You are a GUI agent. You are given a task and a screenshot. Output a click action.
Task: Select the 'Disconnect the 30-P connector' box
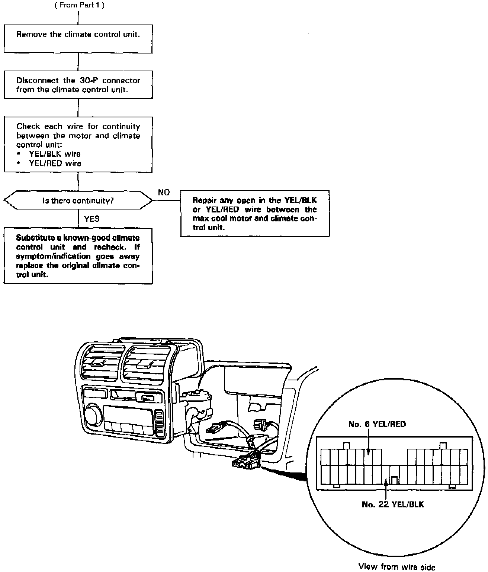click(78, 85)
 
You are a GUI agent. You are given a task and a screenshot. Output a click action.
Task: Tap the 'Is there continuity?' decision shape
click(78, 201)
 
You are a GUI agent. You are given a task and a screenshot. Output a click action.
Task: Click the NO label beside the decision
click(164, 192)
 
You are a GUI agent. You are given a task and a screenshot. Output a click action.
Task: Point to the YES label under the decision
click(91, 219)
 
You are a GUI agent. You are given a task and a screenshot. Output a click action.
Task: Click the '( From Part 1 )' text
click(79, 6)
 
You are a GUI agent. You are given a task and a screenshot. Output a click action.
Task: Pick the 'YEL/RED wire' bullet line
click(55, 163)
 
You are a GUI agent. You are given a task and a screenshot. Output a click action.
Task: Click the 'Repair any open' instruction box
click(255, 214)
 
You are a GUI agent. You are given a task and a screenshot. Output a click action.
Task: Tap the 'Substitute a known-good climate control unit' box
click(78, 256)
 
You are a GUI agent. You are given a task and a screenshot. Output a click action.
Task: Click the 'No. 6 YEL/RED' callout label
click(377, 424)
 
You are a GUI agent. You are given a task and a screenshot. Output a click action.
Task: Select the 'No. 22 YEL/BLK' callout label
click(392, 504)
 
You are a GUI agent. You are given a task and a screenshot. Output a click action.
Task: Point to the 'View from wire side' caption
click(396, 566)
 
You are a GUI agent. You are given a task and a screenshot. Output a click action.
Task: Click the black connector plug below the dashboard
click(244, 462)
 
